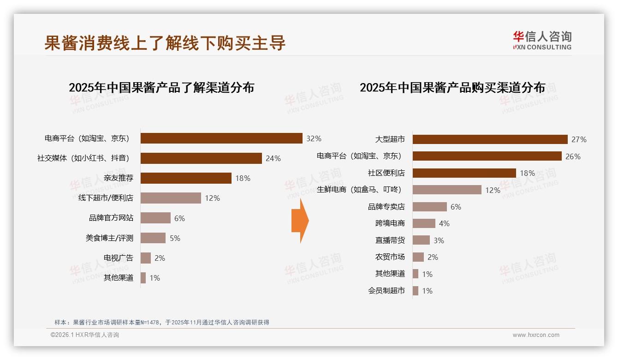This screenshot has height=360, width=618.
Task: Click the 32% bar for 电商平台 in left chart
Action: [x=221, y=138]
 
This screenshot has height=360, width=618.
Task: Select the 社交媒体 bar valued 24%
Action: [x=201, y=158]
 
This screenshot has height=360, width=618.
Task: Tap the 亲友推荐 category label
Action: [x=119, y=178]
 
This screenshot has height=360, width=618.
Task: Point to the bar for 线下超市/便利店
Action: [x=171, y=198]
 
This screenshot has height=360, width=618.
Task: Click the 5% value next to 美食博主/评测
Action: [x=175, y=238]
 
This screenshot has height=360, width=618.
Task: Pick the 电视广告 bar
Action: [x=146, y=258]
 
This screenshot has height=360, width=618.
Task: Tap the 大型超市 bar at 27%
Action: [x=490, y=139]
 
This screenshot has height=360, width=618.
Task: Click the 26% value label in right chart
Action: [x=573, y=156]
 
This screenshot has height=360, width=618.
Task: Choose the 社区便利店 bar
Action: [x=464, y=173]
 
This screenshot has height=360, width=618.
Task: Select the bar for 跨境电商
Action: [x=424, y=223]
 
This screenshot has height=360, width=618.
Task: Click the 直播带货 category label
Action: [x=390, y=240]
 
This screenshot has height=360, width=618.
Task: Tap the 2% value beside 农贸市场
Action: [x=433, y=257]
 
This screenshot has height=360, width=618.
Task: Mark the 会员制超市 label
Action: [x=386, y=291]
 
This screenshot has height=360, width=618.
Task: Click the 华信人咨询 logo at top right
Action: [x=542, y=40]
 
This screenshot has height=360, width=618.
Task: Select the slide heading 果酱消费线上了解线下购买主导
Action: [x=165, y=43]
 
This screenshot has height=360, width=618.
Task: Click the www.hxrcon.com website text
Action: [x=536, y=335]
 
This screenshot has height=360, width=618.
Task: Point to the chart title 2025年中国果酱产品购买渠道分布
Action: [x=452, y=88]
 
